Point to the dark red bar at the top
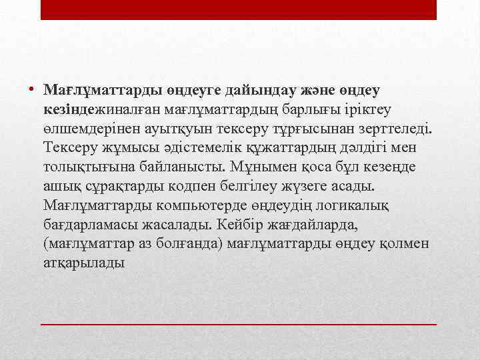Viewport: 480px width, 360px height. pos(238,9)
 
